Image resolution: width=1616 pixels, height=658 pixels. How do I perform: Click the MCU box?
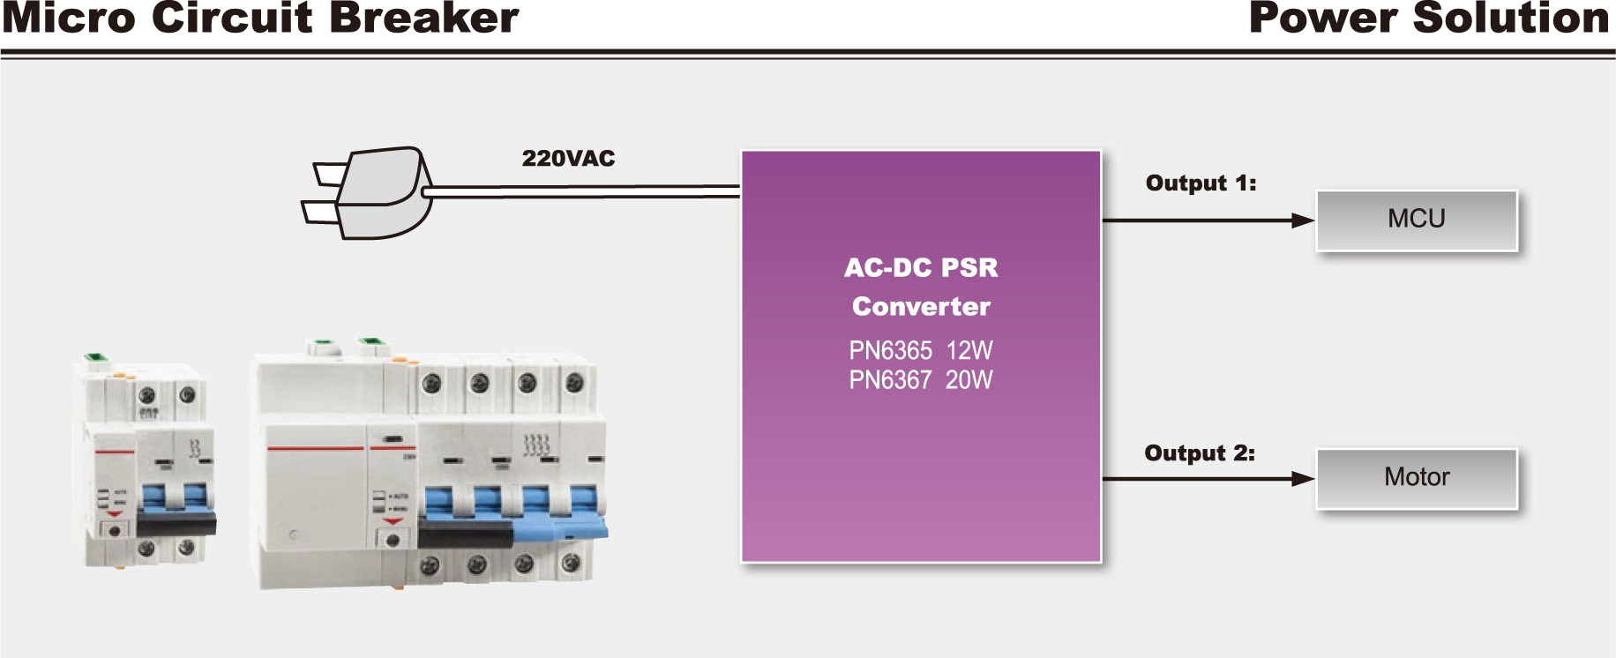coord(1417,220)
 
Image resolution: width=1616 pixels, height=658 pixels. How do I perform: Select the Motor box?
coord(1417,478)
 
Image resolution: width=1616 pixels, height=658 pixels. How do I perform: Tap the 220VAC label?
coord(568,159)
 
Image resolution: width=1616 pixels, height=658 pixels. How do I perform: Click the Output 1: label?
coord(1201,183)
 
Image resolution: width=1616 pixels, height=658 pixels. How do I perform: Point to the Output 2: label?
coord(1200,453)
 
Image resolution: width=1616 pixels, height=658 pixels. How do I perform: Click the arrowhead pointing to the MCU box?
coord(1303,221)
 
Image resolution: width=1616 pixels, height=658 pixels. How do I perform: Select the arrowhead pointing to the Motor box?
coord(1303,479)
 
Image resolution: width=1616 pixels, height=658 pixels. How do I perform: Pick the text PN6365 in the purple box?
coord(890,351)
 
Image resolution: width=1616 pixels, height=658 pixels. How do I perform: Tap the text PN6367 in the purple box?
coord(890,380)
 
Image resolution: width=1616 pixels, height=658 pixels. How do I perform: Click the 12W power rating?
coord(969,351)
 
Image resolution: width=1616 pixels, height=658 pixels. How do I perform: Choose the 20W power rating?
coord(969,380)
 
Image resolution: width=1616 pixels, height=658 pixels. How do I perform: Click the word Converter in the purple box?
coord(921,307)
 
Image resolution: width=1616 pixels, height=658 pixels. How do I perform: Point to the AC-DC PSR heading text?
coord(921,268)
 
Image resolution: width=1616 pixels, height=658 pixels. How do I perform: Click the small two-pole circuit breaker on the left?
coord(146,463)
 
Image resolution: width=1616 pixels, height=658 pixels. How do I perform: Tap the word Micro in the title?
coord(70,19)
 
